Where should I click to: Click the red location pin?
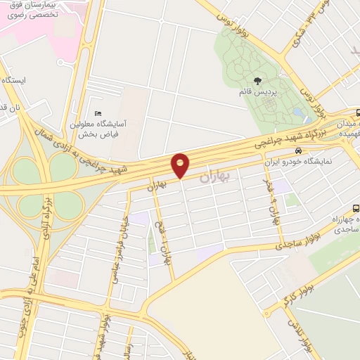181,165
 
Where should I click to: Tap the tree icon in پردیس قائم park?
257,81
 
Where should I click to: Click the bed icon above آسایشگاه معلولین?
98,113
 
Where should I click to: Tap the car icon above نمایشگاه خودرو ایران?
299,150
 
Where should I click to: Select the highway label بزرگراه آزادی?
46,214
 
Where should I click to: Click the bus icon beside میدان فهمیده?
358,112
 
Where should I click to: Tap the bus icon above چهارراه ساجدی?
356,208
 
